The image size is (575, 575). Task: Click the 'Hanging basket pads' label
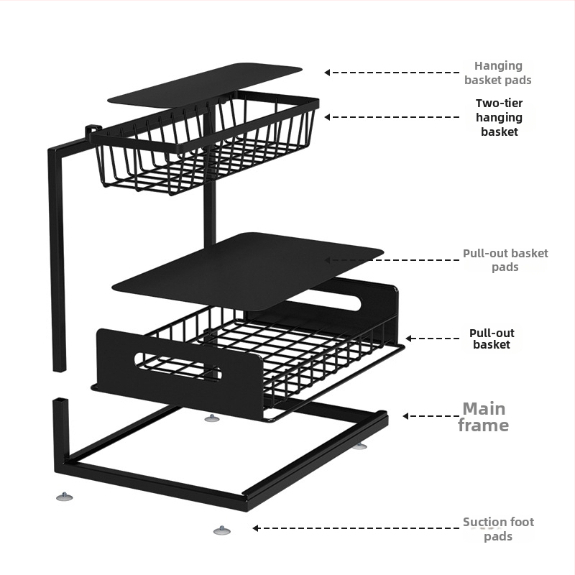[x=498, y=73]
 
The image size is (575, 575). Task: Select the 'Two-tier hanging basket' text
[x=499, y=117]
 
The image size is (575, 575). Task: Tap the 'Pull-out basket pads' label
[x=505, y=260]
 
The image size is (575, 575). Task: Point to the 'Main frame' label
[x=483, y=417]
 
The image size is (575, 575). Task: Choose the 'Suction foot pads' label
[x=498, y=529]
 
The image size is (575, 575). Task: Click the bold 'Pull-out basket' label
[x=492, y=339]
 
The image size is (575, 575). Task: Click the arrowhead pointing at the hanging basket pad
[x=327, y=73]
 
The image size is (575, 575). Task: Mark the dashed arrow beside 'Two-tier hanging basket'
[x=392, y=117]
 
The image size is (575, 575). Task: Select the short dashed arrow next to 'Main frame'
[x=431, y=416]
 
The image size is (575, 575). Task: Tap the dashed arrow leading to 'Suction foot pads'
[x=356, y=528]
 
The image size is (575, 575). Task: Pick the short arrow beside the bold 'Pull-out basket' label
[x=433, y=338]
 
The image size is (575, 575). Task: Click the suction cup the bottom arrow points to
[x=222, y=530]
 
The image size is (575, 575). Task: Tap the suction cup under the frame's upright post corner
[x=65, y=497]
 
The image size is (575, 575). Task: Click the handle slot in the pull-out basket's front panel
[x=178, y=366]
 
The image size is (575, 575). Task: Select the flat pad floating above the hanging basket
[x=205, y=85]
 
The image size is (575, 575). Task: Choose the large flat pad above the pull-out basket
[x=248, y=270]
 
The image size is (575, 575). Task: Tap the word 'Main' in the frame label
[x=484, y=408]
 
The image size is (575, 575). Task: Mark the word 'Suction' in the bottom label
[x=482, y=522]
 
